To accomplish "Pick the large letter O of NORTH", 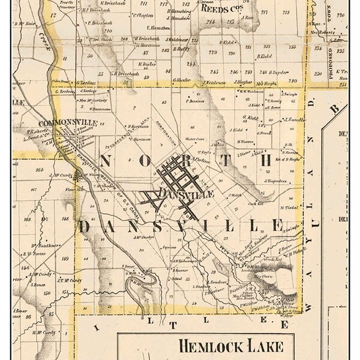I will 155,161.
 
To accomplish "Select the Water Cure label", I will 193,139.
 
